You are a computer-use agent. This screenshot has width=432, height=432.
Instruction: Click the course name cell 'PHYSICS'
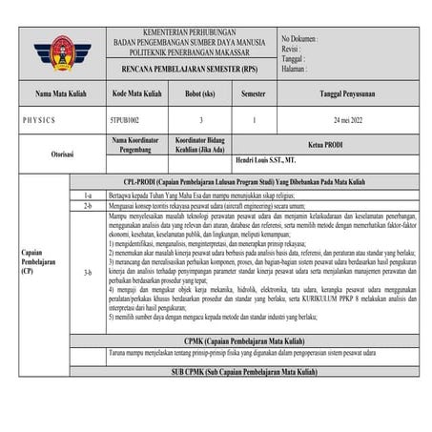tap(41, 122)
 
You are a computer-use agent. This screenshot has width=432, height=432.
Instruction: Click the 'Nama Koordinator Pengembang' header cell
tap(138, 143)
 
